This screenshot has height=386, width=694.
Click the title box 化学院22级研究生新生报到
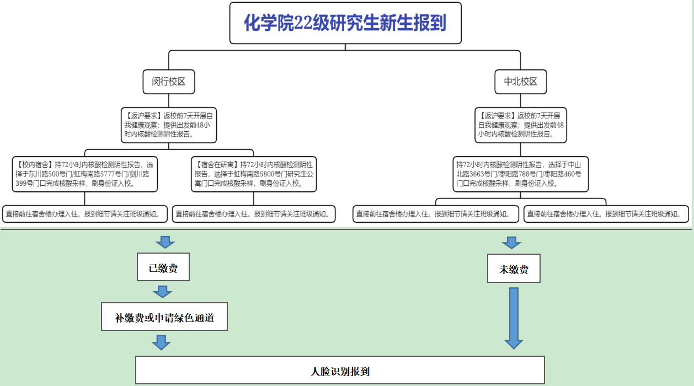point(345,23)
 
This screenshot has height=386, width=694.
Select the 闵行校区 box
point(168,82)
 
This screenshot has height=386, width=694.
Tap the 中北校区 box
point(520,82)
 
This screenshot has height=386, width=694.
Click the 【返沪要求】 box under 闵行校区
point(168,125)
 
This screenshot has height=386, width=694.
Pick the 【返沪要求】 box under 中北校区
point(521,125)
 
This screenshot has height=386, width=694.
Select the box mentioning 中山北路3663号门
point(520,174)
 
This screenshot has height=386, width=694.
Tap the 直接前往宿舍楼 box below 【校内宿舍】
point(85,214)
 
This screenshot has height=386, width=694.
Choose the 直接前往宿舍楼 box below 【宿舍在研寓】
point(254,214)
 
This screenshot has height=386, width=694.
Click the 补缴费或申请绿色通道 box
point(164,317)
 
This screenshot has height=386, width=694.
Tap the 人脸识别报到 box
point(340,371)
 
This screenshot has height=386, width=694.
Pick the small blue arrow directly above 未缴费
point(511,243)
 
